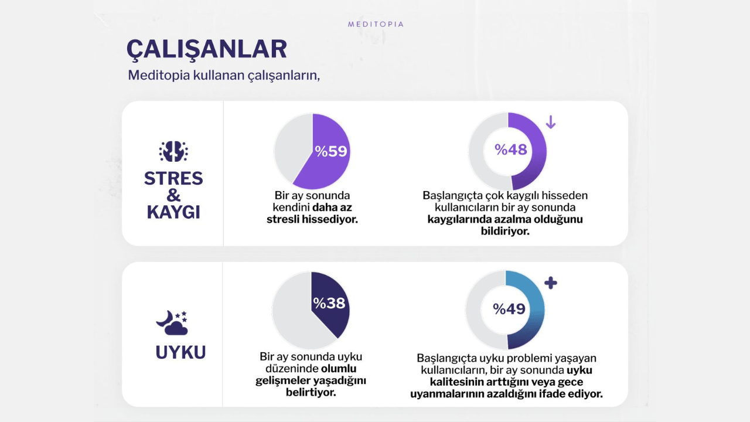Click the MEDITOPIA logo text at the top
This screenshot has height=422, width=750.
pos(376,25)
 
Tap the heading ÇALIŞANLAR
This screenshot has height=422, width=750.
pos(207,50)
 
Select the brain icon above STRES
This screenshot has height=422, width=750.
pos(173,151)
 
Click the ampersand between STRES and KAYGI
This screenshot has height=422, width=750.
pos(173,195)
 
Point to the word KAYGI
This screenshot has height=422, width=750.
pos(173,212)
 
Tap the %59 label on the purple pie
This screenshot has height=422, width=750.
pos(331,151)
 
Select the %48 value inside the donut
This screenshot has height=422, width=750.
pos(511,149)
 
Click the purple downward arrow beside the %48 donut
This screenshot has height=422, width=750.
pos(551,122)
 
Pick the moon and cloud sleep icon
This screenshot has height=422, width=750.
pos(172,322)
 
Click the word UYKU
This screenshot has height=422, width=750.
pos(180,352)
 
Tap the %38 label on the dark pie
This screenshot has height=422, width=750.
pos(329,304)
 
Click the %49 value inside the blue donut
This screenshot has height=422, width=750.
pos(509,309)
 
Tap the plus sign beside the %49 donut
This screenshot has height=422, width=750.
pos(551,283)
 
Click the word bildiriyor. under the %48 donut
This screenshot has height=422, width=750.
pos(505,231)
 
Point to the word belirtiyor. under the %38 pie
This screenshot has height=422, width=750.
pos(311,393)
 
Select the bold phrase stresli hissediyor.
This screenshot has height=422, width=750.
pos(312,219)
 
